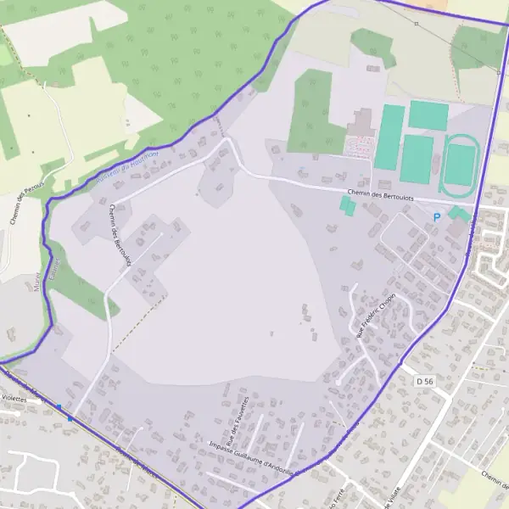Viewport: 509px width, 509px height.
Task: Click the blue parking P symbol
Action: click(437, 217)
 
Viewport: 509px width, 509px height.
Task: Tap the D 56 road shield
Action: click(425, 383)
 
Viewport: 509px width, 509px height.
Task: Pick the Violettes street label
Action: click(14, 396)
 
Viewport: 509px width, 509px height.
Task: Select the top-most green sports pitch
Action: click(428, 115)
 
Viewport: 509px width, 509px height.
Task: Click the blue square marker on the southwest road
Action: click(70, 417)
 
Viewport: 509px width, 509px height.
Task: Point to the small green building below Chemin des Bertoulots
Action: click(347, 205)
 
